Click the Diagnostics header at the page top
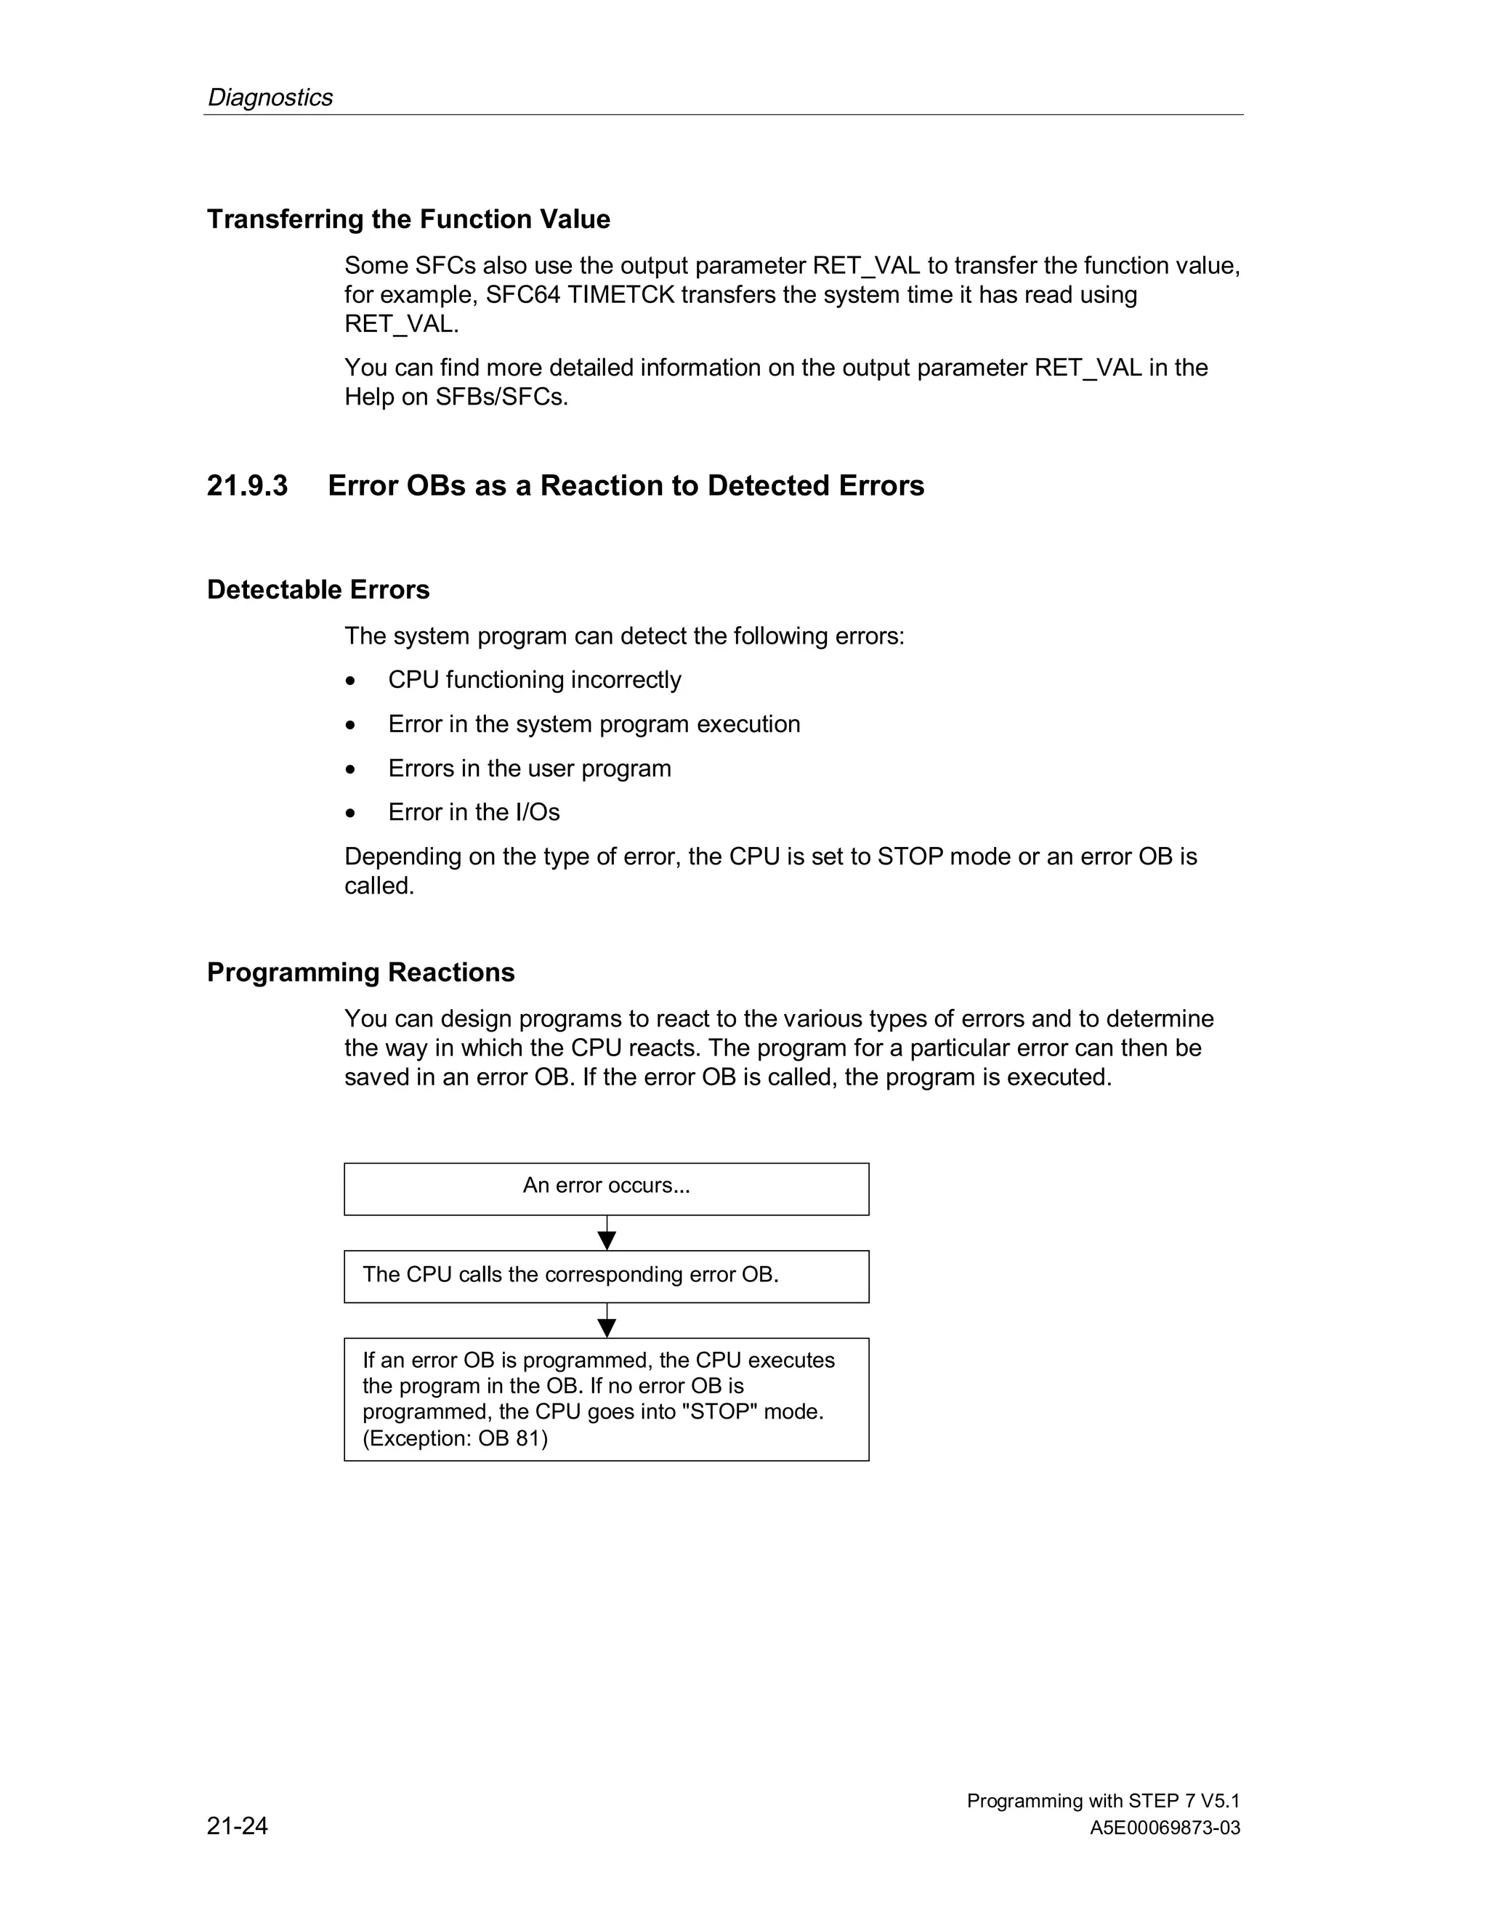(270, 97)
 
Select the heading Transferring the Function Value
(408, 219)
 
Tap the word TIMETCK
(620, 294)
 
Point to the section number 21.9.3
(247, 486)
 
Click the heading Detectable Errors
(318, 590)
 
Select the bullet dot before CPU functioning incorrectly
(352, 681)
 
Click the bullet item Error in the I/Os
(474, 812)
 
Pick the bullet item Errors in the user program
(529, 768)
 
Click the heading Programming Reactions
(360, 972)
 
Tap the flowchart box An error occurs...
(607, 1188)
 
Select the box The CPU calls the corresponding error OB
(607, 1276)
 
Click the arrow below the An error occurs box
(607, 1234)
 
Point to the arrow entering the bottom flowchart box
(607, 1321)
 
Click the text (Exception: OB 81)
(455, 1438)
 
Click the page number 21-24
(237, 1825)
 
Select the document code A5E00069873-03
(1165, 1828)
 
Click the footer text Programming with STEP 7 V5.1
(1103, 1801)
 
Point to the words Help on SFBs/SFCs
(456, 397)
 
